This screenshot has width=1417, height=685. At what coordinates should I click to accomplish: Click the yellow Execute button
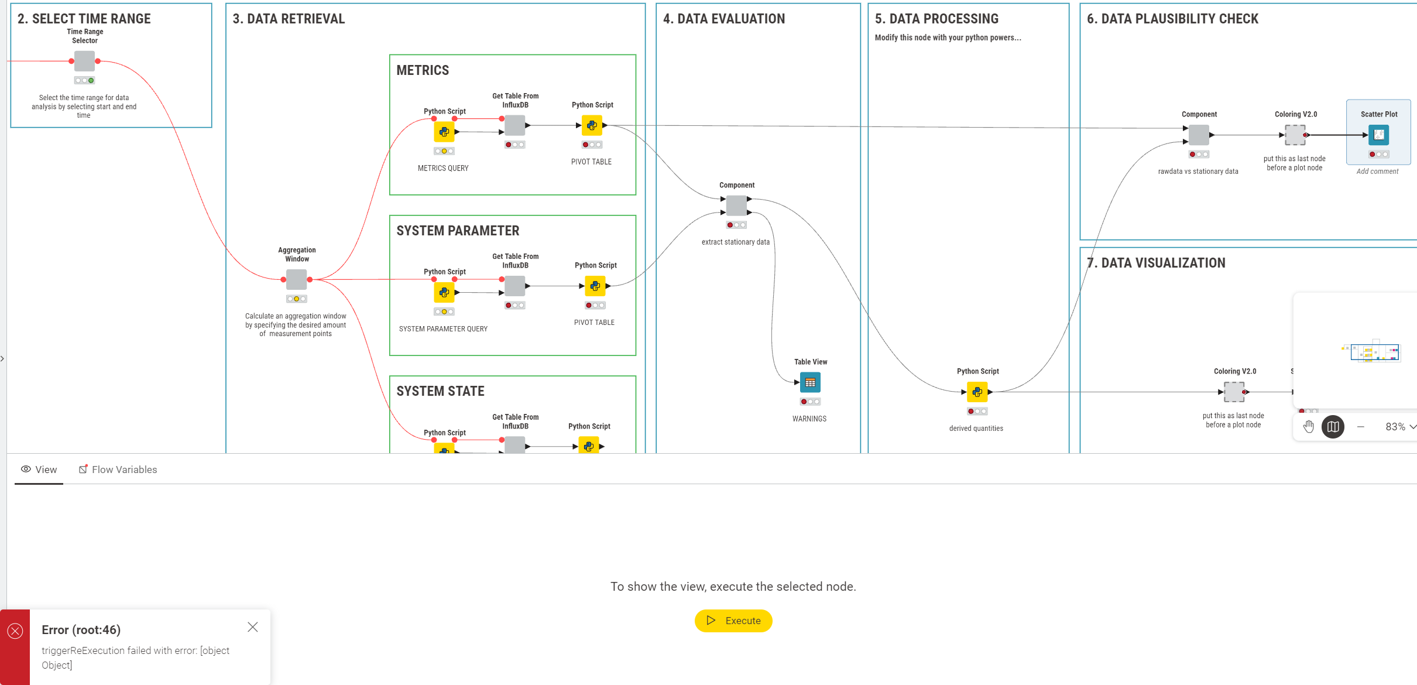pyautogui.click(x=733, y=621)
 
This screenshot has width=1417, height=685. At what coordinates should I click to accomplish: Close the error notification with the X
pyautogui.click(x=253, y=627)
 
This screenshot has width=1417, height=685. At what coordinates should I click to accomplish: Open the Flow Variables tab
pyautogui.click(x=118, y=470)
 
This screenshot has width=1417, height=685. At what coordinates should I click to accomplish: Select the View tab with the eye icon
pyautogui.click(x=39, y=470)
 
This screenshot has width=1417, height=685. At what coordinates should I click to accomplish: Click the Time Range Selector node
pyautogui.click(x=84, y=61)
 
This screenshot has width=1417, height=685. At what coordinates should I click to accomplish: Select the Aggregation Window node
pyautogui.click(x=297, y=279)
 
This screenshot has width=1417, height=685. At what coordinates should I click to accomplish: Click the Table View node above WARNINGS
pyautogui.click(x=810, y=382)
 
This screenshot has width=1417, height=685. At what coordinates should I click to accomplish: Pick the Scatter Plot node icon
pyautogui.click(x=1378, y=135)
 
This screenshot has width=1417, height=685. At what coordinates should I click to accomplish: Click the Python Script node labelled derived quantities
pyautogui.click(x=977, y=392)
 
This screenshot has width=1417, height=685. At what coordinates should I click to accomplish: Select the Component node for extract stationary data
pyautogui.click(x=736, y=205)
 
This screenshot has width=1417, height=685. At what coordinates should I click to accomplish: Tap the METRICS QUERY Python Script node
pyautogui.click(x=444, y=132)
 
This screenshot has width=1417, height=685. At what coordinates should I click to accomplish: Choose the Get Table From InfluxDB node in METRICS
pyautogui.click(x=515, y=125)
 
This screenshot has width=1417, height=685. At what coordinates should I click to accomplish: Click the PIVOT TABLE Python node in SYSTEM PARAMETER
pyautogui.click(x=595, y=286)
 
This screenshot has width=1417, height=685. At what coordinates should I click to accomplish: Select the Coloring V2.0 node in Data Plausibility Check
pyautogui.click(x=1295, y=135)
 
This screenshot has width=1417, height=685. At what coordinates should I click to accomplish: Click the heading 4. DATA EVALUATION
pyautogui.click(x=724, y=19)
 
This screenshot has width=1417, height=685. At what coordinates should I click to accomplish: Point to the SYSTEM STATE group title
pyautogui.click(x=440, y=391)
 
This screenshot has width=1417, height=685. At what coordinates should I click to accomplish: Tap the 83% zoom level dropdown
pyautogui.click(x=1399, y=427)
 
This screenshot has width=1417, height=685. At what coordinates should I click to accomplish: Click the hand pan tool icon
pyautogui.click(x=1309, y=427)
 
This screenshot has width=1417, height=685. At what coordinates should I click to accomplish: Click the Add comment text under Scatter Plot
pyautogui.click(x=1377, y=172)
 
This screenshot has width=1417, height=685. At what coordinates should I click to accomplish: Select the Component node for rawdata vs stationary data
pyautogui.click(x=1199, y=135)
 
